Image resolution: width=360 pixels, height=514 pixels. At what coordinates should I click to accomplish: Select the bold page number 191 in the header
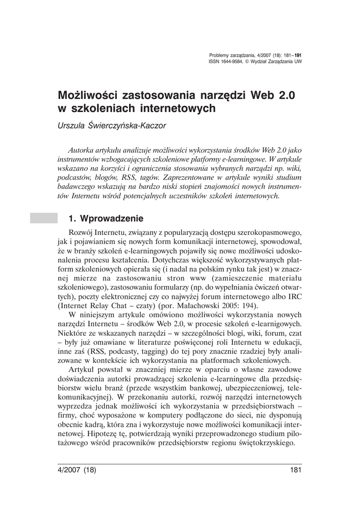(x=297, y=55)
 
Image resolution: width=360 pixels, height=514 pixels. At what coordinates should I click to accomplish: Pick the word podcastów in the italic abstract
(x=74, y=178)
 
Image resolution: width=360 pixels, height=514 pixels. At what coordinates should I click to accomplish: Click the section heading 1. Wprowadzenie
(x=106, y=219)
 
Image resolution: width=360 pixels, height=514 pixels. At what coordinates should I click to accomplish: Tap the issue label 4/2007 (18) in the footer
(x=77, y=470)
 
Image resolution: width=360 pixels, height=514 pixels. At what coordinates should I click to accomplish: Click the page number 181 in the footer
(x=295, y=470)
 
